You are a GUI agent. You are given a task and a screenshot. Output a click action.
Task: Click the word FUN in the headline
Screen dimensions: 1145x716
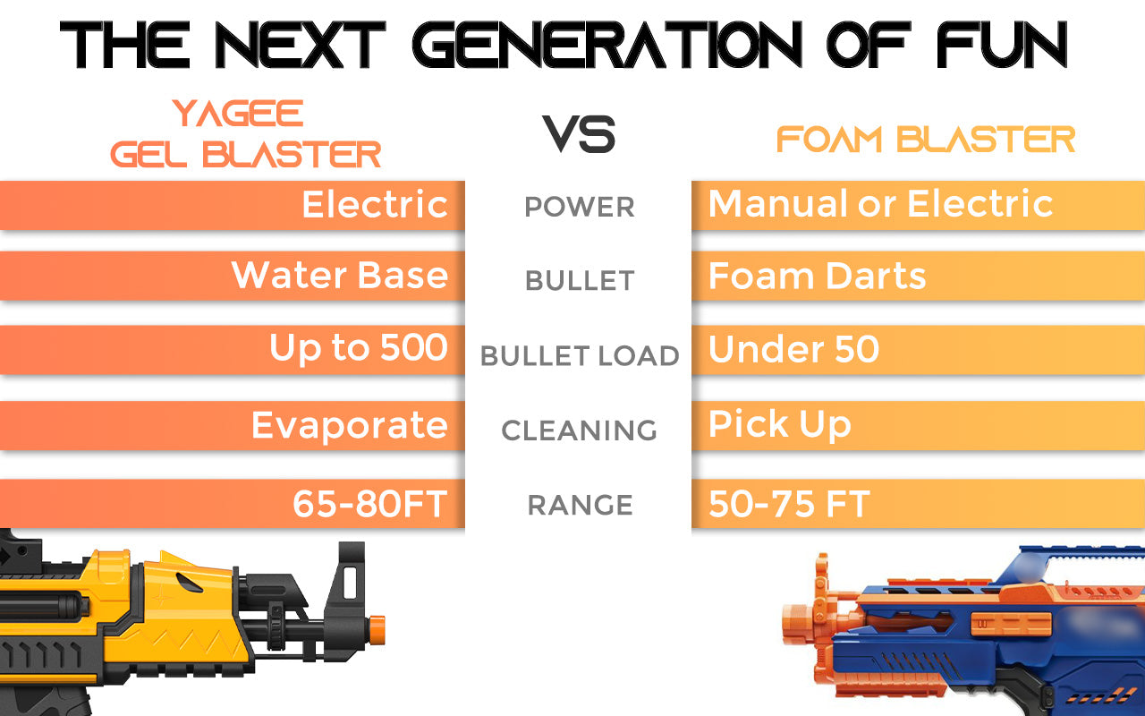tap(1003, 45)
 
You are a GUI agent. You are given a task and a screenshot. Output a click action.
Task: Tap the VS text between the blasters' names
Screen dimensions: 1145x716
tap(579, 134)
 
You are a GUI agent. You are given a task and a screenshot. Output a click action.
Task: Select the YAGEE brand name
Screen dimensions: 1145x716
tap(238, 113)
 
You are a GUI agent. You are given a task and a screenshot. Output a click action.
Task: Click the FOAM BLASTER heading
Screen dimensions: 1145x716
tap(926, 140)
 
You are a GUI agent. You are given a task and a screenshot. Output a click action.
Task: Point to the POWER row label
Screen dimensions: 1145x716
tap(580, 207)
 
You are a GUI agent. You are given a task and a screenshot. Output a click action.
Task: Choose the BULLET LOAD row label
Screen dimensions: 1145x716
tap(580, 356)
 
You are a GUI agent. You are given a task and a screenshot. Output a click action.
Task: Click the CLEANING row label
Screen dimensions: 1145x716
tap(579, 430)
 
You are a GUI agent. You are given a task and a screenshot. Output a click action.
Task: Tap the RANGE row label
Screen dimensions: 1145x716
tap(581, 506)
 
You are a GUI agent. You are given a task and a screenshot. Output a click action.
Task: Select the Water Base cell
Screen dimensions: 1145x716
tap(340, 275)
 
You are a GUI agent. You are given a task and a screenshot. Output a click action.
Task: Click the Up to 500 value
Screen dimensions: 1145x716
tap(359, 348)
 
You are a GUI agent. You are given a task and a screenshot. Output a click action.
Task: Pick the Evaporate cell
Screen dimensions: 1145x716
tap(350, 426)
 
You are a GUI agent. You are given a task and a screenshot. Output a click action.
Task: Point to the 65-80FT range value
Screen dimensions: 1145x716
tap(370, 504)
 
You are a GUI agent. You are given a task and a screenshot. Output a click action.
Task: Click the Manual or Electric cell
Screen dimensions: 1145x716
tap(881, 203)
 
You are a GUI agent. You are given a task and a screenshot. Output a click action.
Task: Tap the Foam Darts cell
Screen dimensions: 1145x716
tap(817, 277)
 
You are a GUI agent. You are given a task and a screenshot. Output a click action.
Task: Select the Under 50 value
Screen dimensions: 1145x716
tap(793, 349)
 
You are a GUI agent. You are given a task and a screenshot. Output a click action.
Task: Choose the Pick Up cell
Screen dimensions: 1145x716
tap(779, 424)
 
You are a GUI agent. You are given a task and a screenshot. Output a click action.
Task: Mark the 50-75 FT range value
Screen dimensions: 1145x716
tap(789, 504)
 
